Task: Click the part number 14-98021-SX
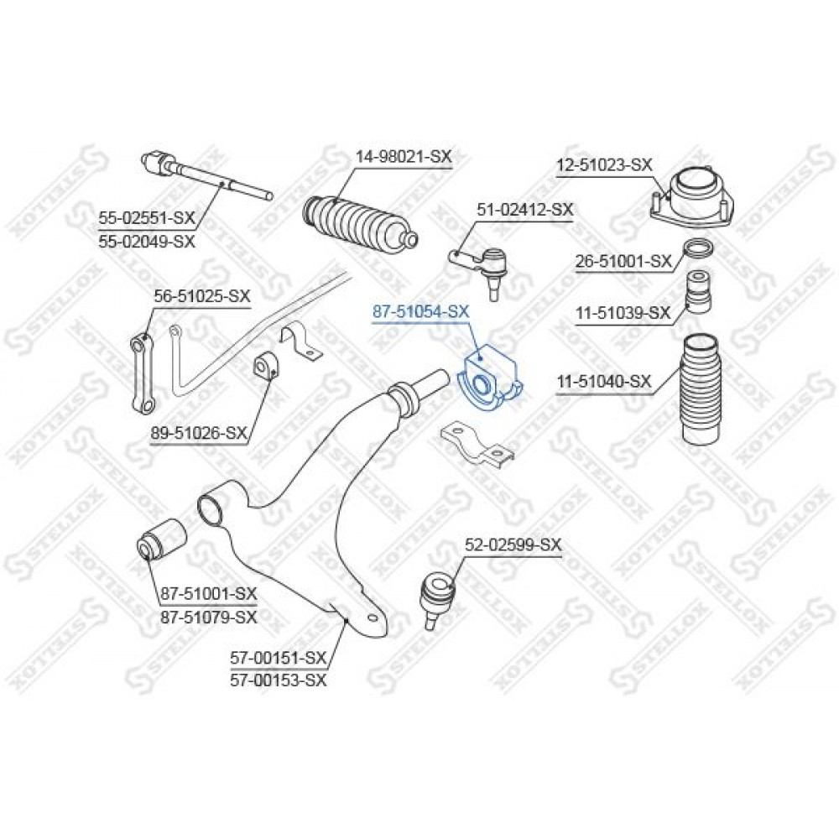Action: click(x=404, y=157)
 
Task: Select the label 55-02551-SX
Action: click(x=147, y=218)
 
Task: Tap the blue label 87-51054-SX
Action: click(x=420, y=312)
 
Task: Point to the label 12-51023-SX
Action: click(x=605, y=164)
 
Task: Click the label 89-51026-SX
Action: click(x=199, y=432)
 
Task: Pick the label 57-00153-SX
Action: click(x=278, y=680)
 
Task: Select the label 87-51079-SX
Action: click(x=209, y=617)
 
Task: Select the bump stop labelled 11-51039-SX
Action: click(x=699, y=293)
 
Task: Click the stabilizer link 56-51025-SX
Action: click(x=143, y=373)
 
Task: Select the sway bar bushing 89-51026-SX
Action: click(x=265, y=367)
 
